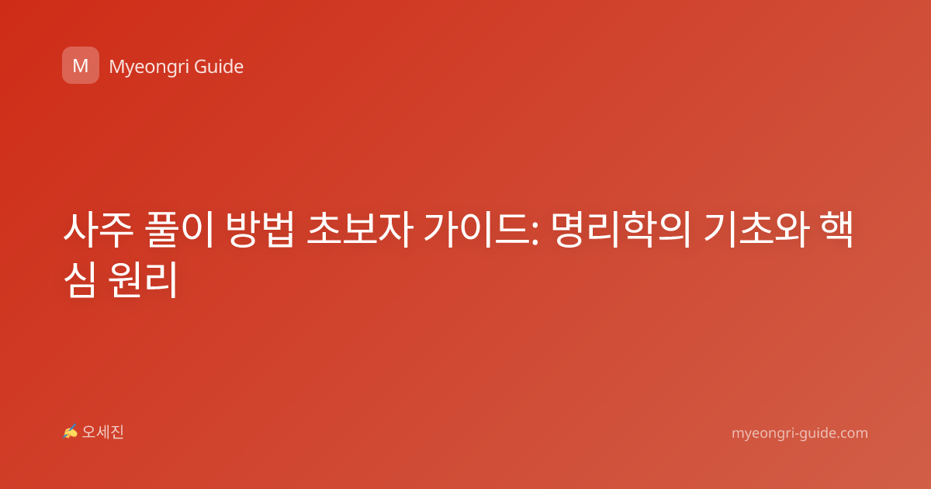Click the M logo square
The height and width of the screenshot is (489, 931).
[81, 65]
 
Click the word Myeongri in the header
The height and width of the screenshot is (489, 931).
[149, 68]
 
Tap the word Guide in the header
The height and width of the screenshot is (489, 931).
[219, 67]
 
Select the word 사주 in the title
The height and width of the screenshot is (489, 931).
[98, 230]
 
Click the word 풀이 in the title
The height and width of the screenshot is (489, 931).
[179, 230]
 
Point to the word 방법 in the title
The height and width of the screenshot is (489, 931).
[260, 230]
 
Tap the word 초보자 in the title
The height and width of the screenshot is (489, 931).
[360, 230]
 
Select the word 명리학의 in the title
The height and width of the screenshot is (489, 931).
[621, 230]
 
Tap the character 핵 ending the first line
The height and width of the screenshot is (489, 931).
[836, 230]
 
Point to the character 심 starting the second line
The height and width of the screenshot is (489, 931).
[80, 279]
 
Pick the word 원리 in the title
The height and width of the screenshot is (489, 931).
[143, 279]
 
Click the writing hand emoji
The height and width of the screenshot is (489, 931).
[70, 432]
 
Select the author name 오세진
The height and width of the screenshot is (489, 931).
[102, 432]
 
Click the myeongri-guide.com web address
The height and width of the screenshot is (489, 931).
[800, 433]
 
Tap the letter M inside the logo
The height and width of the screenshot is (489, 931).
[81, 66]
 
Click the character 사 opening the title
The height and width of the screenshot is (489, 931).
[81, 230]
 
